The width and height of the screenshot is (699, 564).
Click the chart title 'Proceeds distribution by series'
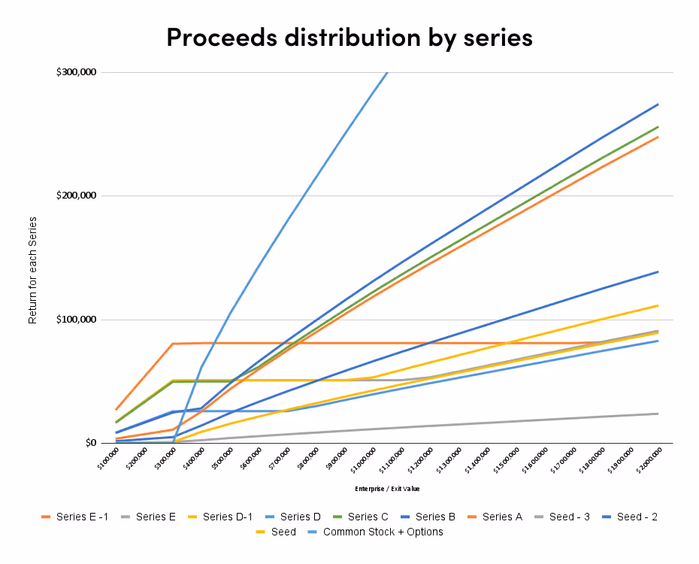pyautogui.click(x=349, y=36)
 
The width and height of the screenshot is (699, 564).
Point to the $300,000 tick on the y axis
pyautogui.click(x=76, y=72)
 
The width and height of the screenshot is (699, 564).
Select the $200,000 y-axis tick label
pyautogui.click(x=76, y=196)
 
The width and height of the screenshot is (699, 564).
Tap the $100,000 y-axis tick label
pyautogui.click(x=76, y=320)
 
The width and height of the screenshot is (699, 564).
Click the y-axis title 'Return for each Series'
pyautogui.click(x=32, y=270)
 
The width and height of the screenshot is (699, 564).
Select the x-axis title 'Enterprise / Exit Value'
pyautogui.click(x=387, y=489)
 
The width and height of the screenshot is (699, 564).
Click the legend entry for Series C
pyautogui.click(x=368, y=517)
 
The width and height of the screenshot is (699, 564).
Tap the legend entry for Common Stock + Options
pyautogui.click(x=383, y=532)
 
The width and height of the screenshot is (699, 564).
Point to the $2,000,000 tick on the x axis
pyautogui.click(x=649, y=459)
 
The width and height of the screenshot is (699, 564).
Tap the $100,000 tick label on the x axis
pyautogui.click(x=108, y=458)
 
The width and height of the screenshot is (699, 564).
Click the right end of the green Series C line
pyautogui.click(x=658, y=126)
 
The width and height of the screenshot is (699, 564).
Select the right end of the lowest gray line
pyautogui.click(x=658, y=414)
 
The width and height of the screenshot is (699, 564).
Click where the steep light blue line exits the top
pyautogui.click(x=387, y=73)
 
